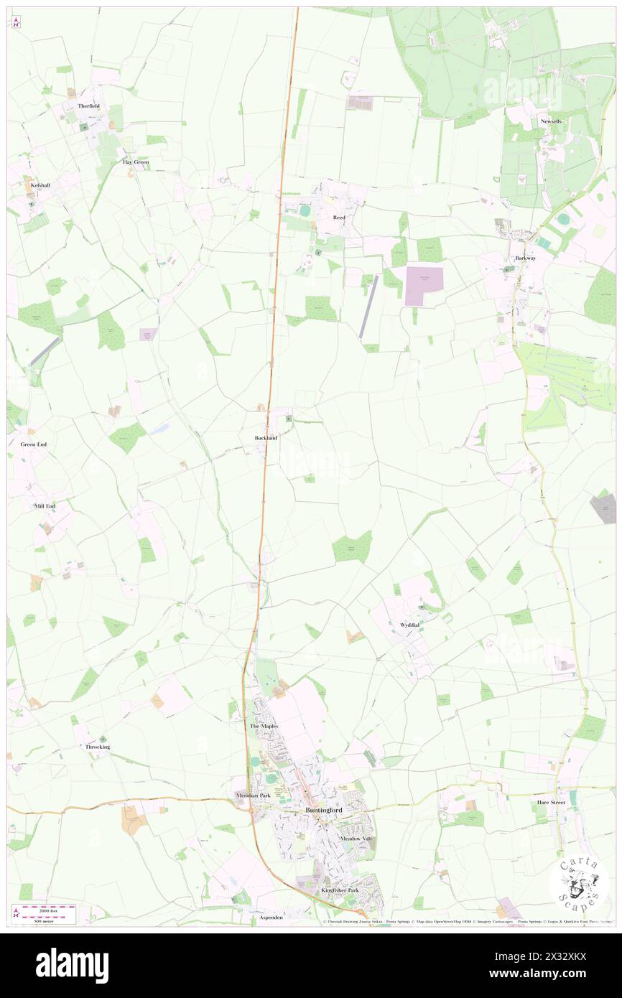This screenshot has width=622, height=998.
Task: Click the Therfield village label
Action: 89,106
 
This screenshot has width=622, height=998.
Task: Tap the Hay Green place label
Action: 135,162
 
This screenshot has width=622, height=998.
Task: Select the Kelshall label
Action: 42,185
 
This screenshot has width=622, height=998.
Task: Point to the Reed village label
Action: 339,217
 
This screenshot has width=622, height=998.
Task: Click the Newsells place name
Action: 552,121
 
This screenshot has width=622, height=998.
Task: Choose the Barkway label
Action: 525,258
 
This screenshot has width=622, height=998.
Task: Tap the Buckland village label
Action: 266,437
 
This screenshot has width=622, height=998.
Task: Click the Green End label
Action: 33,444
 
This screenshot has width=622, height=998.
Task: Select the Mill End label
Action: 45,506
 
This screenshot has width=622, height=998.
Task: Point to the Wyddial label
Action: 410,625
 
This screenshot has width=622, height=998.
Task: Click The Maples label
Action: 263,727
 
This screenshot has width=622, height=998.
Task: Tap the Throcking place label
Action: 98,747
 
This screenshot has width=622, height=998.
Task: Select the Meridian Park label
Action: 251,796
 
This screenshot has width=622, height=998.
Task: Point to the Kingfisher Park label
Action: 339,890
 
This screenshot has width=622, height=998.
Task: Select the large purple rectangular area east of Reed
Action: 424,286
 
